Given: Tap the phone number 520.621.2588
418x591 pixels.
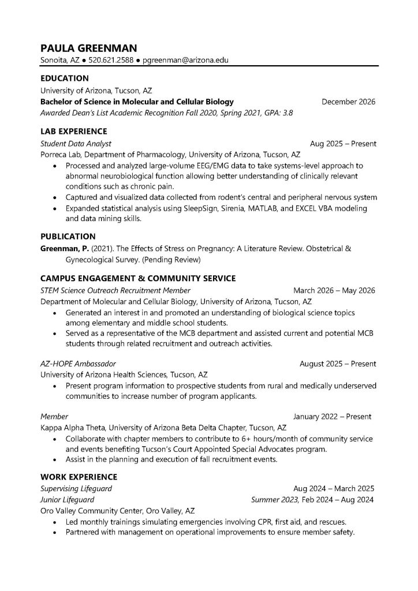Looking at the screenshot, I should click(x=111, y=60).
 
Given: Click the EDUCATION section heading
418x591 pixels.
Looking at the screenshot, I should click(x=64, y=78).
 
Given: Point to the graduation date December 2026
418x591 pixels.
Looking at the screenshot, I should click(x=348, y=102).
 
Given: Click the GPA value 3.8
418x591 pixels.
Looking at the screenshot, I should click(x=286, y=113).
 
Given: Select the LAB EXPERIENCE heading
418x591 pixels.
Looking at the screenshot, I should click(x=73, y=132).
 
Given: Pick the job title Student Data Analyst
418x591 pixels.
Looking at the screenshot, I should click(x=75, y=144).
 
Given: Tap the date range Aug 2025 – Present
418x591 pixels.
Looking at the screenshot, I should click(x=343, y=144).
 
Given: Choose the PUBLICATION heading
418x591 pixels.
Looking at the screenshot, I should click(x=68, y=237).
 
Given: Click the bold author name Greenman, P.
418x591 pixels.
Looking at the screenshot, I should click(x=64, y=248).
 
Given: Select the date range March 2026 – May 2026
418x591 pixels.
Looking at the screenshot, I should click(x=334, y=290).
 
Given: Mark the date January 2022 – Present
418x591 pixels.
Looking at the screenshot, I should click(x=332, y=416).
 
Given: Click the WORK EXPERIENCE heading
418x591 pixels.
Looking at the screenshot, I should click(x=79, y=477).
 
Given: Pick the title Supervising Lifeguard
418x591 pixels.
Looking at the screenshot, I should click(x=76, y=488).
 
